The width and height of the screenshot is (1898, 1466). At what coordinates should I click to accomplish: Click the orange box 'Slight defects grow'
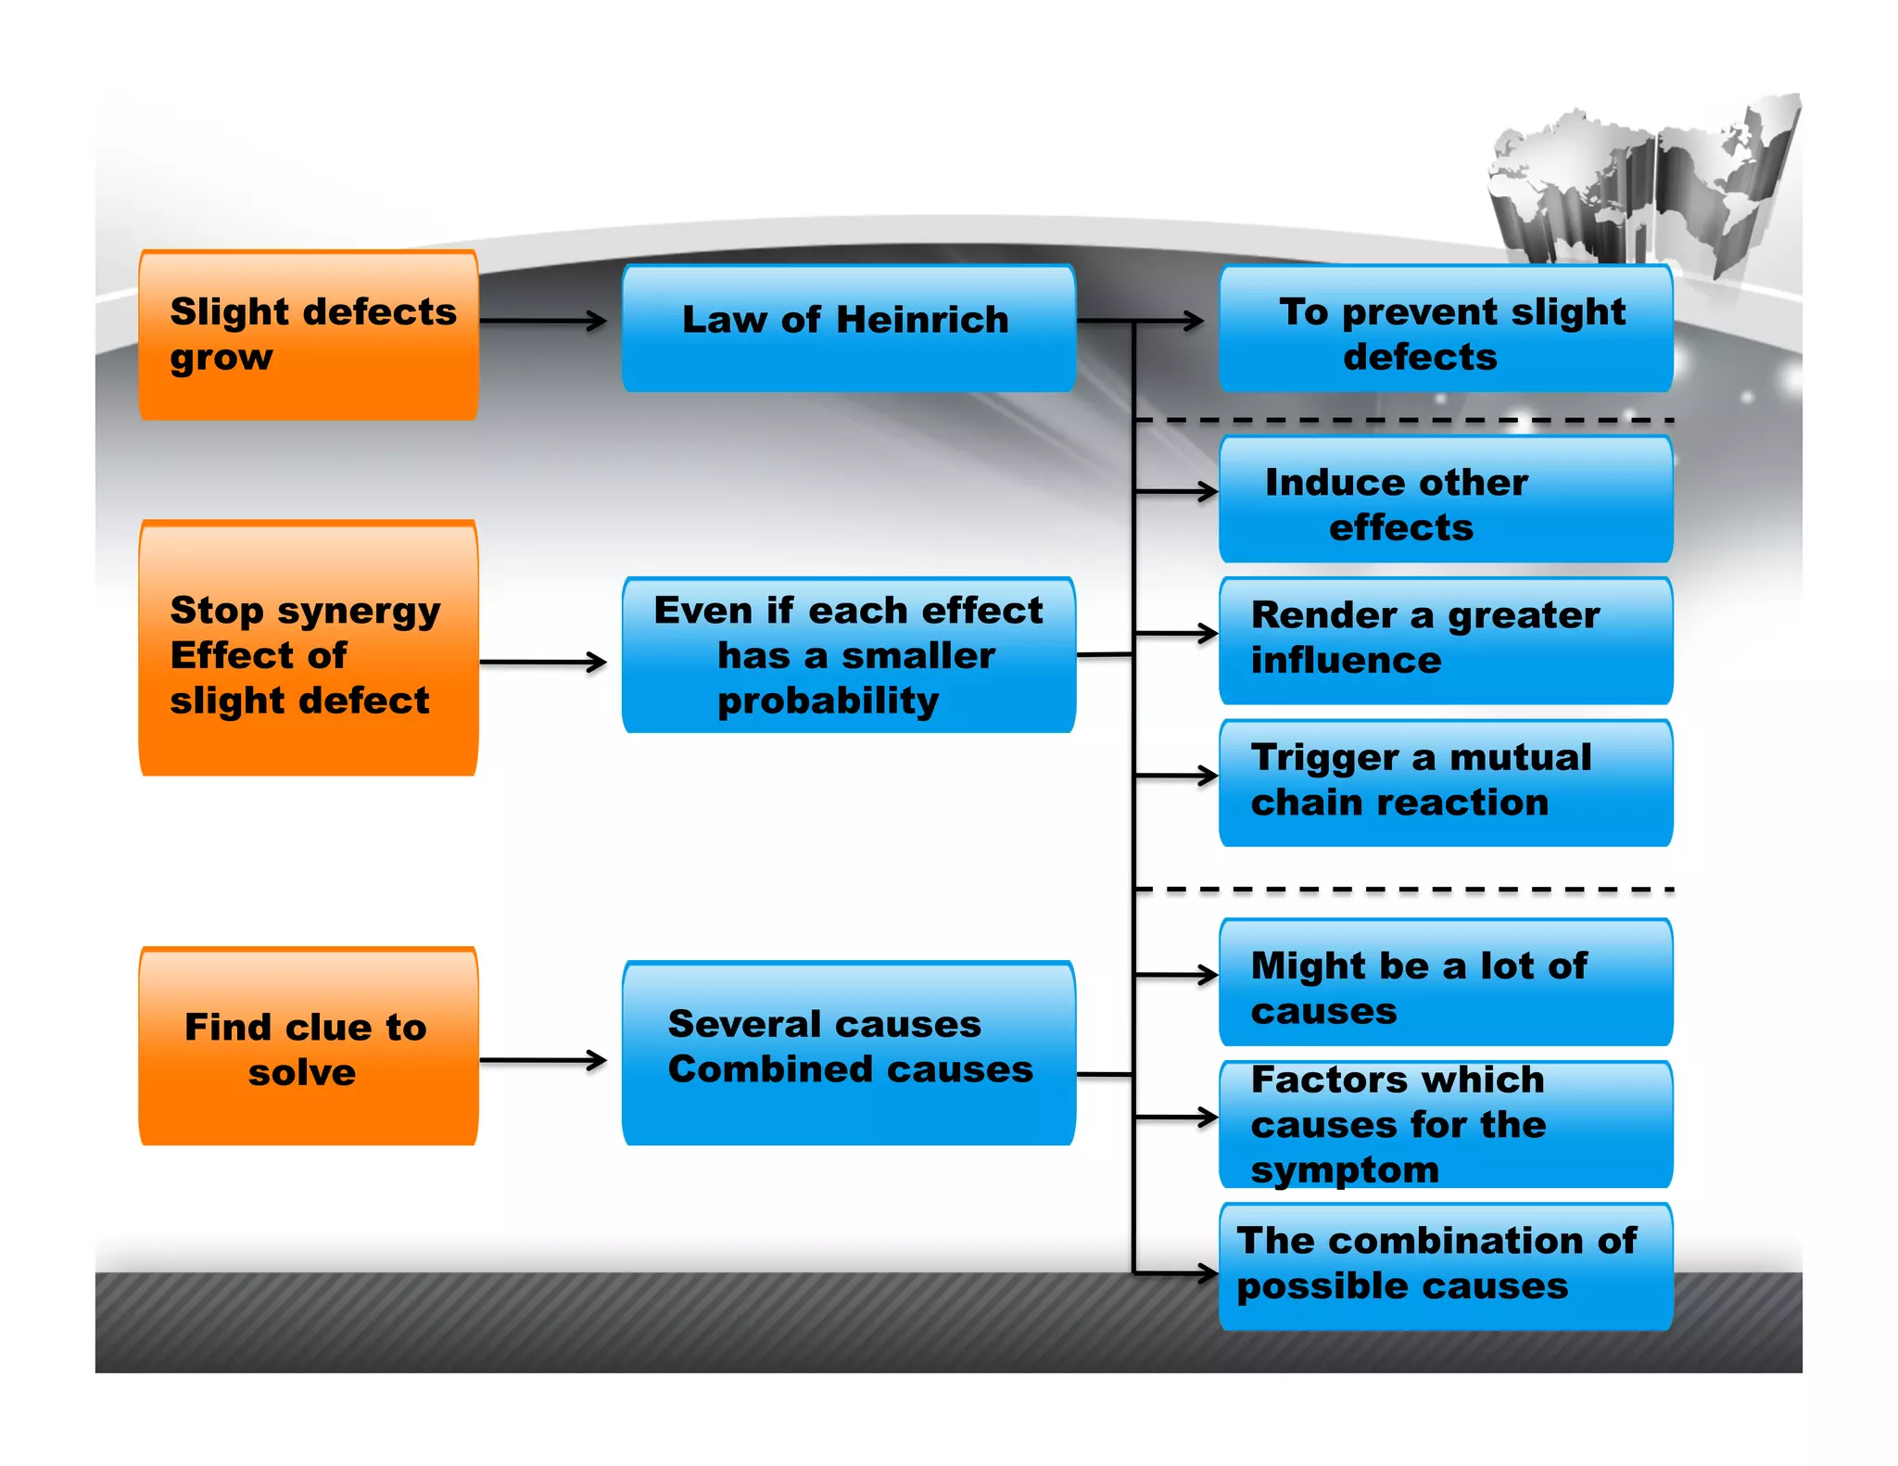pos(309,335)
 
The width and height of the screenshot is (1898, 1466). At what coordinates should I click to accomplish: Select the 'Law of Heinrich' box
pos(848,329)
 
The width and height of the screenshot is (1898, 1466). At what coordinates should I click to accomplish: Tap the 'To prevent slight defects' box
pos(1446,330)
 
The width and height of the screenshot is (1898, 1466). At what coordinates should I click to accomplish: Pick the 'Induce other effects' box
pos(1446,500)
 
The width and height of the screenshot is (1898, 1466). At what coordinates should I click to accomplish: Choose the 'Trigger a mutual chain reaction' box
pos(1446,783)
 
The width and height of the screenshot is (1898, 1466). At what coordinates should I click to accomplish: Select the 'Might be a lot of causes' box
pos(1446,983)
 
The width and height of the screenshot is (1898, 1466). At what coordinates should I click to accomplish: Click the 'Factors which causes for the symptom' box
pos(1446,1125)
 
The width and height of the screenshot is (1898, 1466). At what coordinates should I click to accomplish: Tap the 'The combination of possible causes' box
pos(1446,1267)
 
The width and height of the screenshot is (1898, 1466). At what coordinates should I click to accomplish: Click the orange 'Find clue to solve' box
pos(309,1047)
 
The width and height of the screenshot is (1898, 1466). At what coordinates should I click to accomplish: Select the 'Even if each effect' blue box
pos(848,655)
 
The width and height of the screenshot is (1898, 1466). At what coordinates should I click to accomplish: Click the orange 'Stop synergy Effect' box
pos(309,649)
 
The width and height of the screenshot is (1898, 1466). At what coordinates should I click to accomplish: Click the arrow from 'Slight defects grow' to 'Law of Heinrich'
pos(542,321)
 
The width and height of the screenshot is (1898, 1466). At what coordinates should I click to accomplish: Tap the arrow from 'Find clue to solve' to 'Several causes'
pos(542,1060)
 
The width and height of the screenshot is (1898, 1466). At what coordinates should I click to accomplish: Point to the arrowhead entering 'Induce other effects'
pos(1207,491)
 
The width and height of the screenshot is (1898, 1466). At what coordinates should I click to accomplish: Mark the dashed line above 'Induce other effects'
pos(1404,421)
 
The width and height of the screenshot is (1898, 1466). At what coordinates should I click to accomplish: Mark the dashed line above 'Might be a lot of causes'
pos(1404,890)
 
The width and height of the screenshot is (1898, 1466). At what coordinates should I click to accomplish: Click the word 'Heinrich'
pos(922,320)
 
